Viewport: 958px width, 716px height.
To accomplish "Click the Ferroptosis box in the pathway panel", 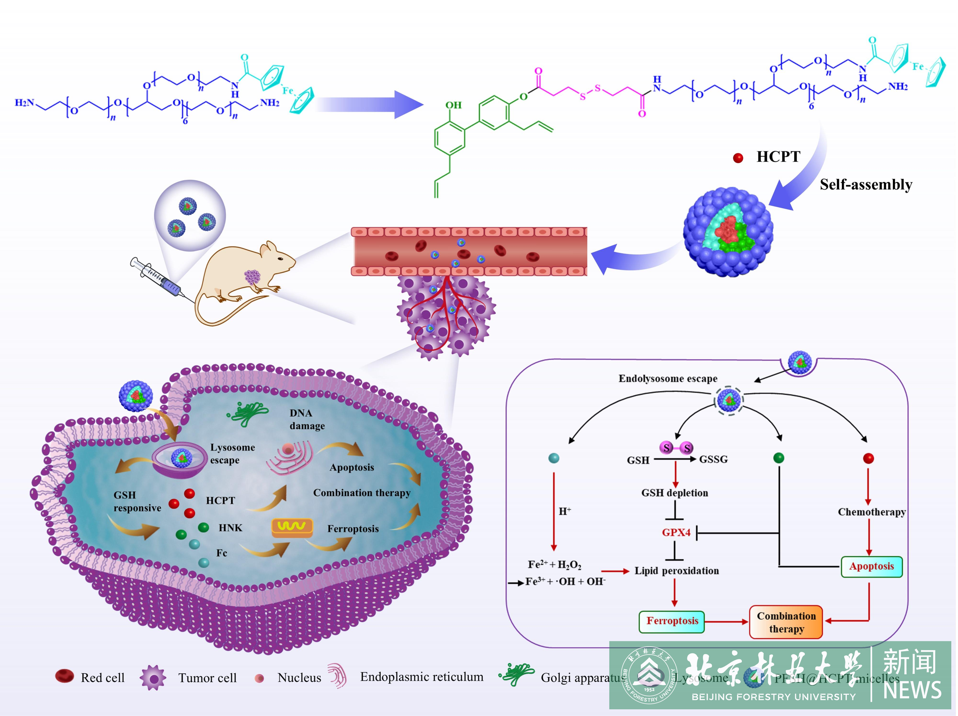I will click(672, 621).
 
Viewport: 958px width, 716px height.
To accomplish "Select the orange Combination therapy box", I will click(786, 622).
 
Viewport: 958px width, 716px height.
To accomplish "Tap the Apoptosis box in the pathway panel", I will click(871, 567).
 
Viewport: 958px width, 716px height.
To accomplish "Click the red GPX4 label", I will click(676, 532).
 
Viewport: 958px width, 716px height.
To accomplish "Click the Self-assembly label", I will click(866, 184).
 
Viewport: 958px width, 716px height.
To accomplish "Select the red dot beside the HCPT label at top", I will click(738, 158).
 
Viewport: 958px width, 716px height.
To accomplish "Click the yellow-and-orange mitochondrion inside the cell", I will click(292, 527).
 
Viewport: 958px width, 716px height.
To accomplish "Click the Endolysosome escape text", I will click(668, 379).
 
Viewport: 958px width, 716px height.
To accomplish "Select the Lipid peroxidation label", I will click(677, 571).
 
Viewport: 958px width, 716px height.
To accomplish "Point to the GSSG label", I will click(713, 459).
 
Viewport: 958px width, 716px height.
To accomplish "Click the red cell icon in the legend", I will click(65, 676).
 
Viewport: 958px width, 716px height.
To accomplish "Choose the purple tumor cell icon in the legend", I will click(153, 677).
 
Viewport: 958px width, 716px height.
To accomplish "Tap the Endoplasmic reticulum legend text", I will click(422, 677).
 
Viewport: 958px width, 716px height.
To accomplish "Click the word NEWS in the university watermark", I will click(912, 690).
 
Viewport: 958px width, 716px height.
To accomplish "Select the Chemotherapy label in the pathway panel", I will click(871, 512).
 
